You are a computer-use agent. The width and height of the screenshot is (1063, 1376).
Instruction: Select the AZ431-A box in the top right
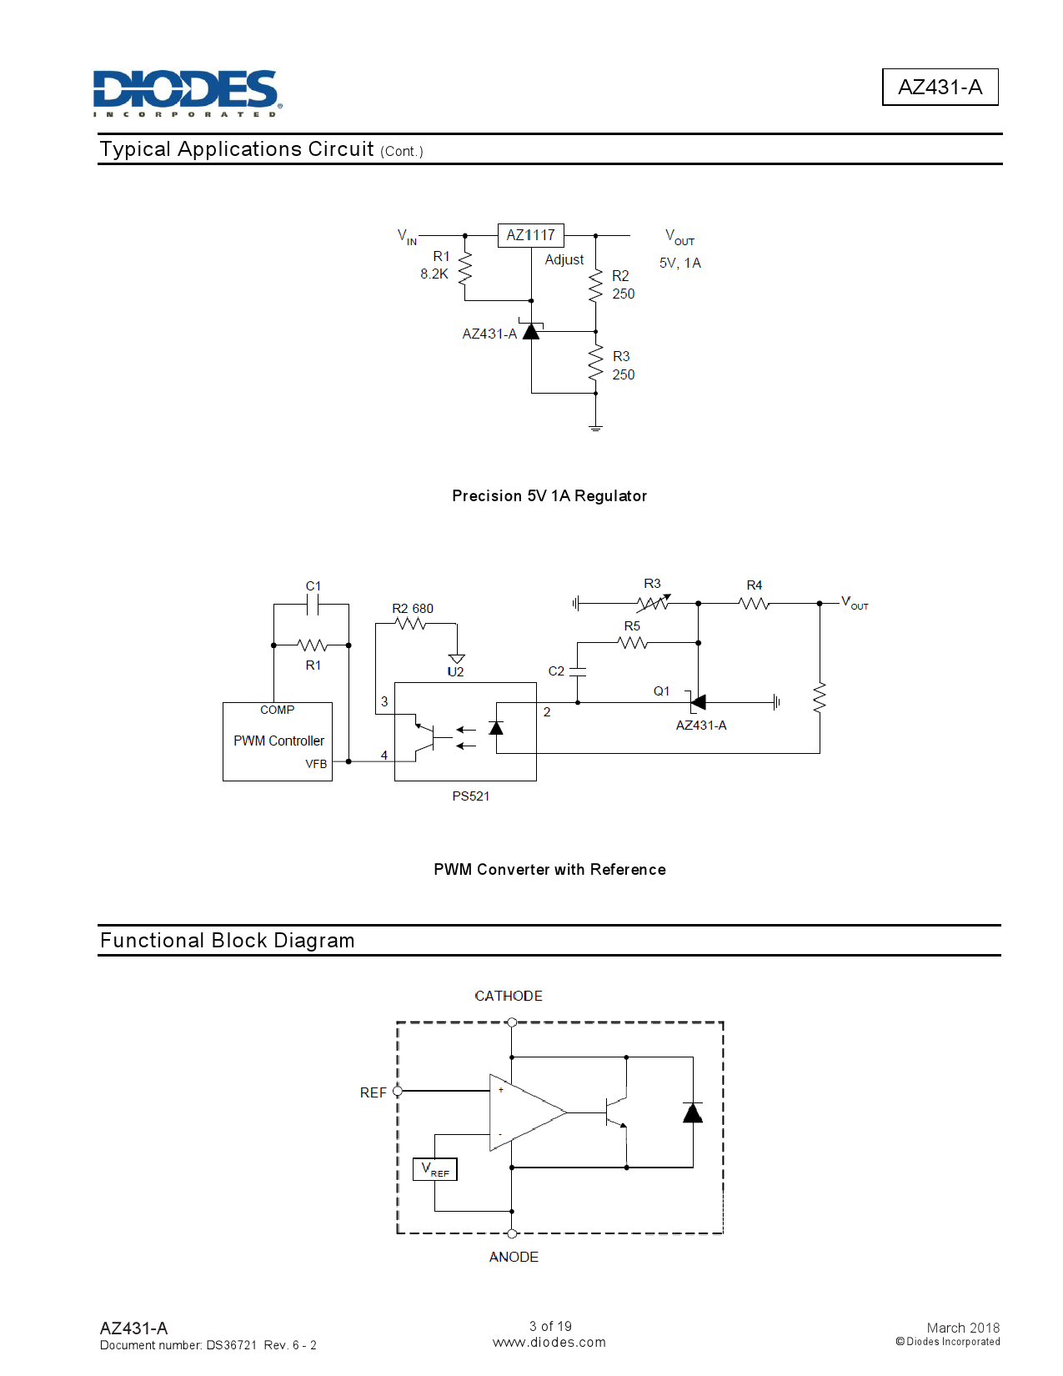coord(940,87)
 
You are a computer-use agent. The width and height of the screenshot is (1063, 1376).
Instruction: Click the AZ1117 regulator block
coord(530,235)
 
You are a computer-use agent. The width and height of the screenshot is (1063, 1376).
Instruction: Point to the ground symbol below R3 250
coord(595,428)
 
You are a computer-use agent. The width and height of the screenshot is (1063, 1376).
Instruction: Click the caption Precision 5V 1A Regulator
coord(549,496)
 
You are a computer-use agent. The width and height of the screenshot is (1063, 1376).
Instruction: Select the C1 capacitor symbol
coord(313,605)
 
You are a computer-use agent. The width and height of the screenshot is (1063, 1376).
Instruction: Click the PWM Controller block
coord(278,741)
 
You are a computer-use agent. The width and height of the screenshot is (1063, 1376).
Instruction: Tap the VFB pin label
coord(316,764)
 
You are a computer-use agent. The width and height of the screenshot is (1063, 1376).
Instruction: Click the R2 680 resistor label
coord(413,609)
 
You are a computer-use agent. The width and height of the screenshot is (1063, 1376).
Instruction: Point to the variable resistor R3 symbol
coord(653,603)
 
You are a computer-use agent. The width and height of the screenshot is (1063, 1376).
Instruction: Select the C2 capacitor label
coord(556,670)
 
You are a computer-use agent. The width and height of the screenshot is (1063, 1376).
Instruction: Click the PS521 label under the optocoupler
coord(471,796)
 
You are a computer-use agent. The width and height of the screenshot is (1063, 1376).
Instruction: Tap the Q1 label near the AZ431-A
coord(661,691)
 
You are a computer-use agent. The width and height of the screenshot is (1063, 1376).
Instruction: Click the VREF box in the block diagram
coord(435,1169)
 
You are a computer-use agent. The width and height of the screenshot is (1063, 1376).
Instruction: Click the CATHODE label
coord(509,996)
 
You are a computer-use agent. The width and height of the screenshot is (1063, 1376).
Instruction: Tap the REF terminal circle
coord(398,1091)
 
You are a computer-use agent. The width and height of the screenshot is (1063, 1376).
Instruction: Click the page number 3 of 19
coord(550,1326)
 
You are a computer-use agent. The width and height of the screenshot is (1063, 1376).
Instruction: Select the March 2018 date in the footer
coord(963,1328)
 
